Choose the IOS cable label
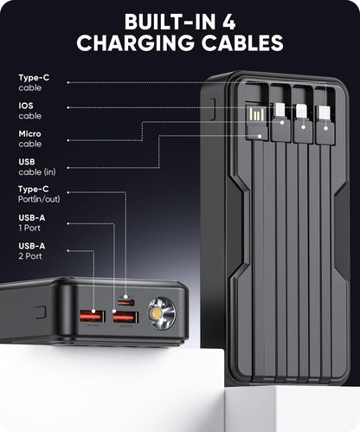[x=29, y=110]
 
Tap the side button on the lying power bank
[x=39, y=311]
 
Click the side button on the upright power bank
[x=212, y=108]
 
